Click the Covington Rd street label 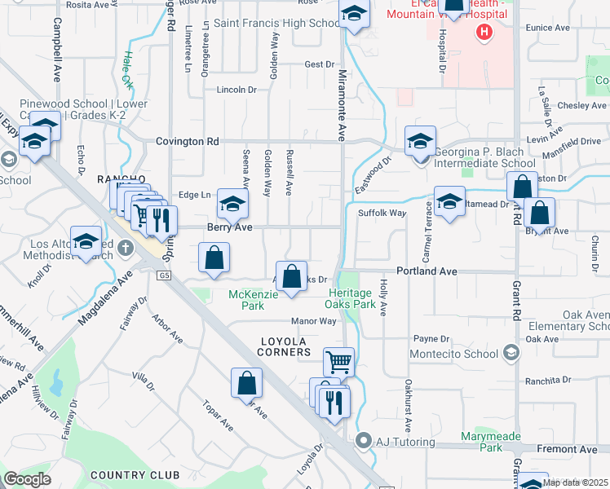click(x=188, y=141)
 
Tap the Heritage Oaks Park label click(x=356, y=298)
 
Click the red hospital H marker click(x=484, y=33)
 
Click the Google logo click(x=27, y=479)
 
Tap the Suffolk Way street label click(x=382, y=214)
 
